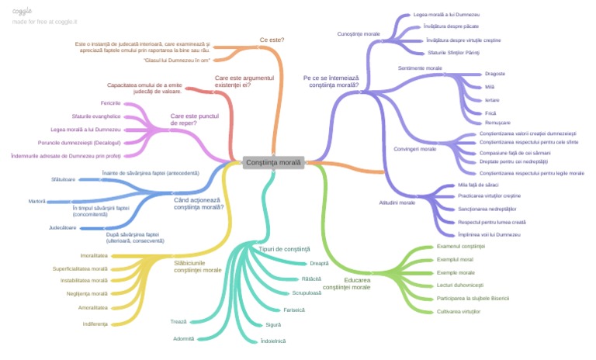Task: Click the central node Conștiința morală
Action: click(x=272, y=163)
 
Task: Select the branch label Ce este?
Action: click(x=272, y=40)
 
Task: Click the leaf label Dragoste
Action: click(x=495, y=74)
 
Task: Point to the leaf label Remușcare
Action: click(x=498, y=123)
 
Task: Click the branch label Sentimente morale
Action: click(x=420, y=68)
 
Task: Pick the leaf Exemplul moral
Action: click(x=456, y=259)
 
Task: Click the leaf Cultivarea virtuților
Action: click(x=459, y=311)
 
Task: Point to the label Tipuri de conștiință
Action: click(x=285, y=249)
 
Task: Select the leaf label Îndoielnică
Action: click(x=274, y=341)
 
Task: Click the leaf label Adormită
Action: click(x=184, y=338)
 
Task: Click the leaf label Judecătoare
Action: click(x=63, y=227)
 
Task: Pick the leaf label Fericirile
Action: click(x=110, y=103)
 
